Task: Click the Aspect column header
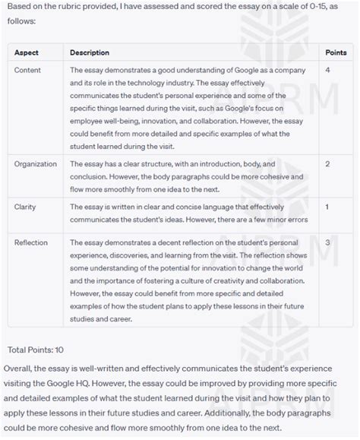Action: (27, 52)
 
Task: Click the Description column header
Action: (90, 52)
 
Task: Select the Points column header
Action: (336, 52)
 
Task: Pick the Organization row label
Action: (35, 163)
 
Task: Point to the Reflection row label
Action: (32, 242)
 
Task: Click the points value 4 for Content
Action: (327, 70)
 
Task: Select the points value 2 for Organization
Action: (327, 163)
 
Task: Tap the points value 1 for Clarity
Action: (327, 206)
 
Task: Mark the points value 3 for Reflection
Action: (327, 242)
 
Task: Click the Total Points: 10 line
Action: (36, 350)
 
